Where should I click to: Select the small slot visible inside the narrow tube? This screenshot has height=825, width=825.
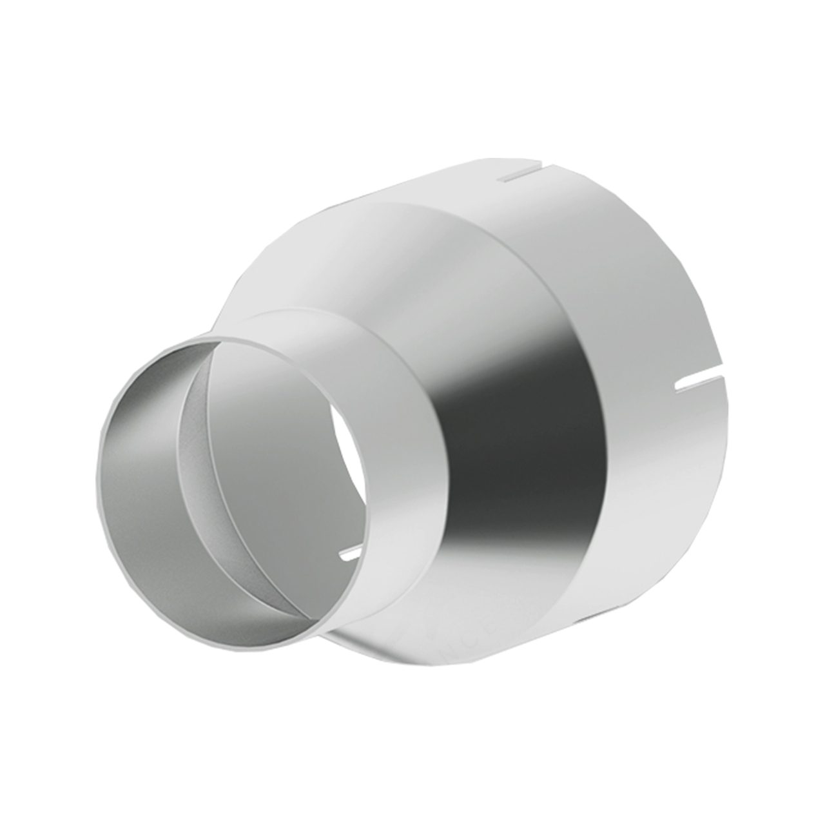(x=348, y=553)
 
